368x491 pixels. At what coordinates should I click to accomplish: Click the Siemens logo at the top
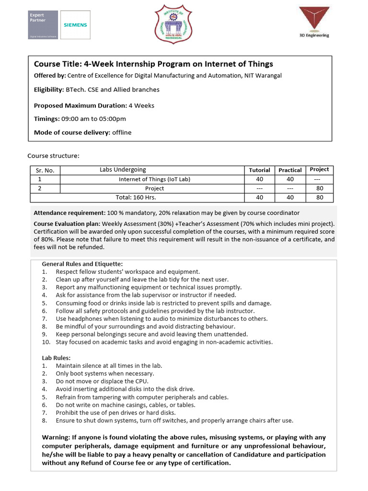point(76,25)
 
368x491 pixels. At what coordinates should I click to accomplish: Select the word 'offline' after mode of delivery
point(122,132)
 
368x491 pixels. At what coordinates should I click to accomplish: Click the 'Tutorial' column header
point(260,170)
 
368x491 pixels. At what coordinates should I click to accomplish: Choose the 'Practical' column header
point(290,170)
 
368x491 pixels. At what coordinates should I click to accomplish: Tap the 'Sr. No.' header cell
point(46,170)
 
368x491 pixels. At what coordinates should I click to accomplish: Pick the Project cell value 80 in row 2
point(320,188)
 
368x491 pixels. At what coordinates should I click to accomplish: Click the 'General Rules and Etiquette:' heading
point(82,264)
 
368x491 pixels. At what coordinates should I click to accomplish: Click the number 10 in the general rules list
point(46,342)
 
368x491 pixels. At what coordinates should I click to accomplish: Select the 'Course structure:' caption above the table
point(53,156)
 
